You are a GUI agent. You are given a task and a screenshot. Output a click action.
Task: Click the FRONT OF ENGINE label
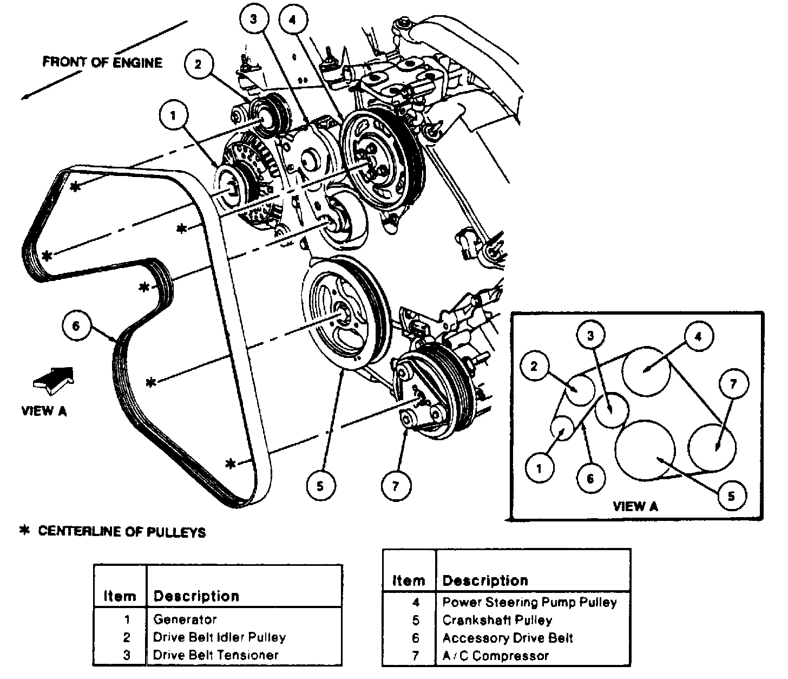[x=102, y=62]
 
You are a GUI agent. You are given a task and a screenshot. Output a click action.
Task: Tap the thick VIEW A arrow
[x=54, y=380]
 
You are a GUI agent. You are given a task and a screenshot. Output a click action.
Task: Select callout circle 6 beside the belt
[x=77, y=326]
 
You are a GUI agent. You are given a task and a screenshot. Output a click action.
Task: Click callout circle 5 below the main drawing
[x=321, y=486]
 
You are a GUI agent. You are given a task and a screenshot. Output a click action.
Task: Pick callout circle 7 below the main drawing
[x=396, y=486]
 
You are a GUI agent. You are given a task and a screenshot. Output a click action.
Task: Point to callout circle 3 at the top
[x=254, y=19]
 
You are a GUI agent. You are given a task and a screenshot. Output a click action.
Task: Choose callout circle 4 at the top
[x=293, y=19]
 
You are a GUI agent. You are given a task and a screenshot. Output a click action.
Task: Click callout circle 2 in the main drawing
[x=199, y=64]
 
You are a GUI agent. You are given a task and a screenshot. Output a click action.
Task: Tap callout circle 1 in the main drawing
[x=174, y=115]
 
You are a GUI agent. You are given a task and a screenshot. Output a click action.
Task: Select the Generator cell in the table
[x=185, y=619]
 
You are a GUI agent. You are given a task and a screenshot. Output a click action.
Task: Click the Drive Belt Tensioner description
[x=216, y=655]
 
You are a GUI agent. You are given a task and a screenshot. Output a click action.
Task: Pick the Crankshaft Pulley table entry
[x=497, y=620]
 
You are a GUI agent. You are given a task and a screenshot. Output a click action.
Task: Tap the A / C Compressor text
[x=496, y=655]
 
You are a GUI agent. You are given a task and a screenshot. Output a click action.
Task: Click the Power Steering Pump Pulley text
[x=529, y=602]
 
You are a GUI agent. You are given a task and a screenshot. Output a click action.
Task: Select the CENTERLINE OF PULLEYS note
[x=113, y=531]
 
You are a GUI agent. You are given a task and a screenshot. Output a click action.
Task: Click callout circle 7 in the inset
[x=733, y=384]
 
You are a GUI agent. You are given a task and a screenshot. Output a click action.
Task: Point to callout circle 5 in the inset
[x=731, y=495]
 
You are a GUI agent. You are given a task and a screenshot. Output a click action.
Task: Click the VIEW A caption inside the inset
[x=635, y=506]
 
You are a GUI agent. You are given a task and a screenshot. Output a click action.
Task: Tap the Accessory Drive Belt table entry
[x=508, y=638]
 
